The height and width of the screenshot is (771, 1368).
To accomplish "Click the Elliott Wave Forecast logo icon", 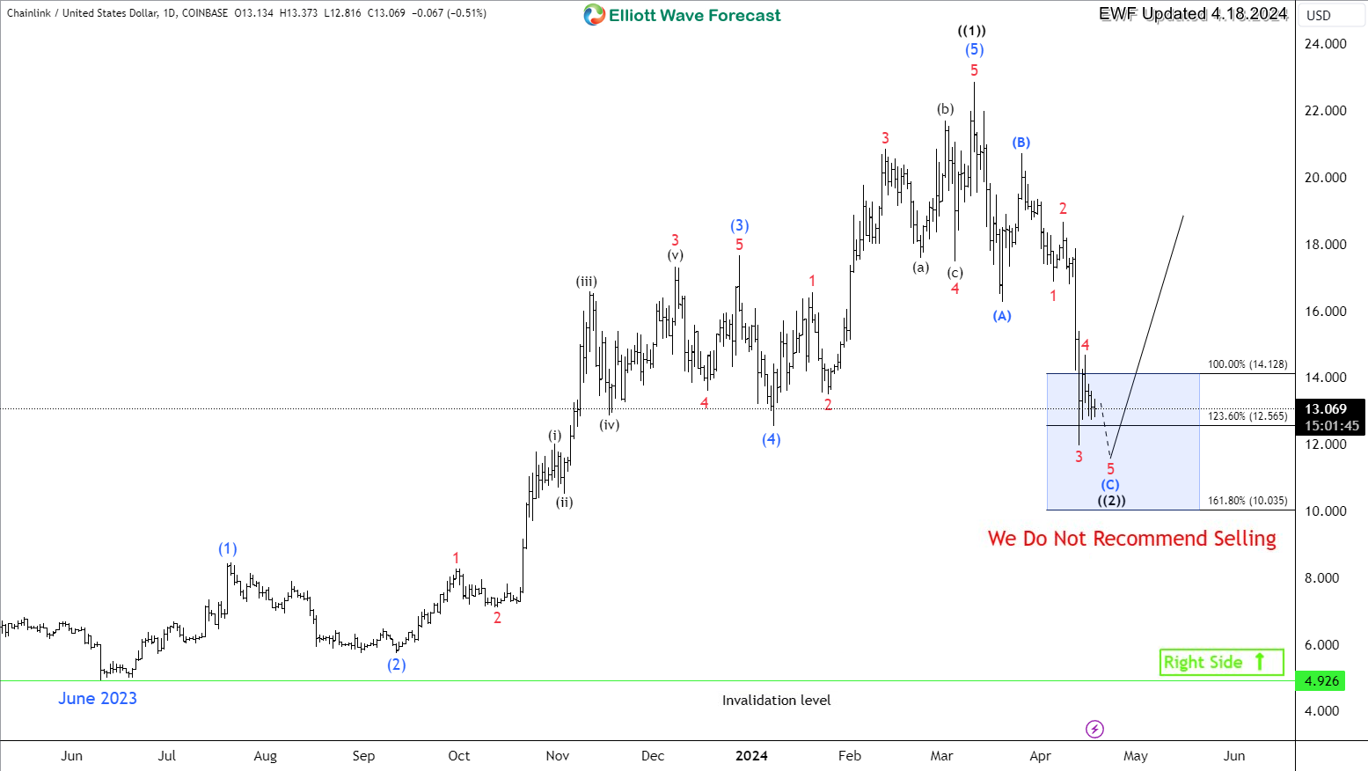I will tap(595, 15).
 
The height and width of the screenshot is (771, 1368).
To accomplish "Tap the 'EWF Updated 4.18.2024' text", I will tap(1192, 14).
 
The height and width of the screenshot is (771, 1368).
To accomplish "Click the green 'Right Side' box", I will tap(1221, 662).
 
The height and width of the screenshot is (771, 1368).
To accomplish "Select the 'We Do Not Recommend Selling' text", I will tap(1131, 539).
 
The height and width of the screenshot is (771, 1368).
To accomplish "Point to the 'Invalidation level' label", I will tap(776, 701).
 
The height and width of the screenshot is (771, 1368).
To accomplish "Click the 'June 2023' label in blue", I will tap(98, 699).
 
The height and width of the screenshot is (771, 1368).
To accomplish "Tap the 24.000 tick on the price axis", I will tap(1325, 44).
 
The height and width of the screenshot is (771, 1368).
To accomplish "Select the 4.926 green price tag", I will tap(1321, 681).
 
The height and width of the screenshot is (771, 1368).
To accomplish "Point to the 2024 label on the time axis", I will tap(751, 756).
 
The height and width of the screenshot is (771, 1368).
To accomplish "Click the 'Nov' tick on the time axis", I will tap(557, 756).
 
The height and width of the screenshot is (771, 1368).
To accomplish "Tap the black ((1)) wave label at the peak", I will tap(972, 31).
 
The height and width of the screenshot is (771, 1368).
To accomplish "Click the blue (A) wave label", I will tap(1002, 316).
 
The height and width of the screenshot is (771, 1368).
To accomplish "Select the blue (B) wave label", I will tap(1021, 143).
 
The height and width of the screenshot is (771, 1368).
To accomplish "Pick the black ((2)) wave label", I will tap(1111, 501).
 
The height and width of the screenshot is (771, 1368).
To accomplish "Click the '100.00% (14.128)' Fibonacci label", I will tap(1247, 364).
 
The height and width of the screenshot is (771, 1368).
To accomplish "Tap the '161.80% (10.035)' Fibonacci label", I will tap(1247, 501).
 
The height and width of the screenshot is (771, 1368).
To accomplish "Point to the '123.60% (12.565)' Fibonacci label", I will tap(1247, 416).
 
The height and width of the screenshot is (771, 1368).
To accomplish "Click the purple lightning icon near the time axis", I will tap(1094, 729).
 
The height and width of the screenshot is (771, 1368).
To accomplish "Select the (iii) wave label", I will tap(587, 282).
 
